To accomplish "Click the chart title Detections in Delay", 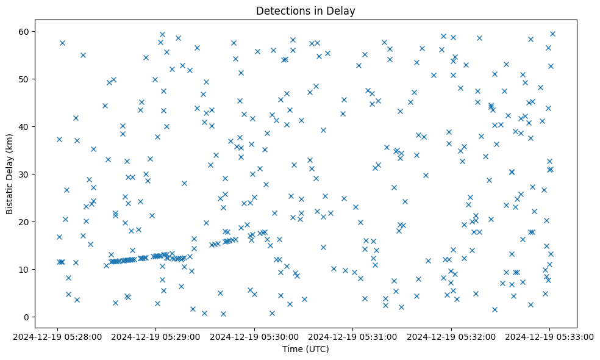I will pos(305,11).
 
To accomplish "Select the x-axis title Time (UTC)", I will pos(305,349).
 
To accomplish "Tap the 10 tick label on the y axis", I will pos(25,270).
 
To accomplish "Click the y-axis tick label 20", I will pos(25,222).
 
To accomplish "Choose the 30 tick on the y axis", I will pos(25,175).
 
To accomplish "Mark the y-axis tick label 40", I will pos(25,127).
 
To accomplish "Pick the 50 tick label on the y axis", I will pos(25,79).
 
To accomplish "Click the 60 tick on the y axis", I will pos(25,32).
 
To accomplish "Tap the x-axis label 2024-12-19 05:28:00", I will pos(57,336).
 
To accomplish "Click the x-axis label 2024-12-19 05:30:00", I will pos(254,336).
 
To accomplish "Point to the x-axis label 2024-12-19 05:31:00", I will pos(352,336).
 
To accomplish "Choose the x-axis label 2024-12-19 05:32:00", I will pos(451,336).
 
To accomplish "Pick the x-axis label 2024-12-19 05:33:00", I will pos(549,336).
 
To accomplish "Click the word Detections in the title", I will pos(282,11).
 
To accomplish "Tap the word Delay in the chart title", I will pos(342,11).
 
